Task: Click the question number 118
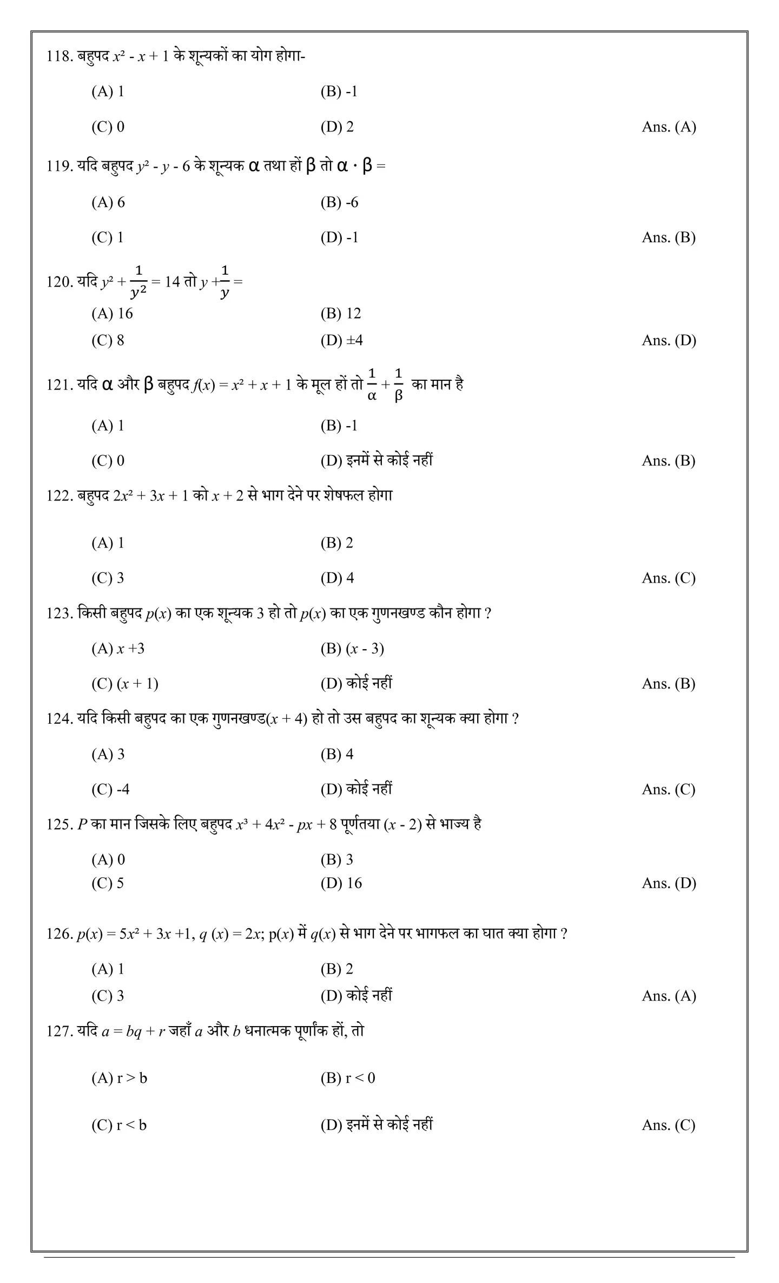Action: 59,56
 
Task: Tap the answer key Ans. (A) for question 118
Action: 669,127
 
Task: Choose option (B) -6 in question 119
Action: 339,202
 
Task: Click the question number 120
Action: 59,282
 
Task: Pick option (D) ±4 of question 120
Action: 341,340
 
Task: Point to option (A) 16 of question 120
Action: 112,313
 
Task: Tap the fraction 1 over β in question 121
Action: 398,385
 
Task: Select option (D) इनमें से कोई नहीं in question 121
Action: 377,460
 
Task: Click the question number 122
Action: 59,495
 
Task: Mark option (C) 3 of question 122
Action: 108,578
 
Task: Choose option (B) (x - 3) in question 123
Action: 352,649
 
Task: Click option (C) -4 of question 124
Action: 110,789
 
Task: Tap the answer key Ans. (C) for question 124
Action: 669,789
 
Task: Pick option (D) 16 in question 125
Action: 341,883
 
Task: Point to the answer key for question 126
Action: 669,996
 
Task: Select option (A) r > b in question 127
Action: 119,1078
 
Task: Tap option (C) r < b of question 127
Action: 119,1125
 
